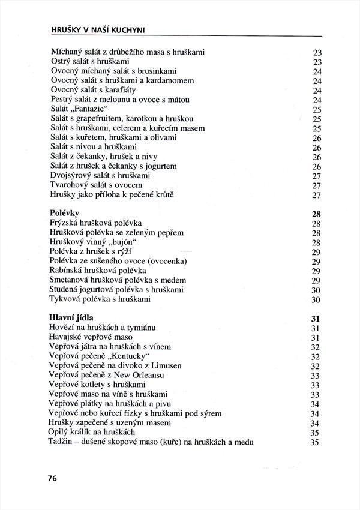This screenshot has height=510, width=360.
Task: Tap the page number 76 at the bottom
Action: (x=53, y=478)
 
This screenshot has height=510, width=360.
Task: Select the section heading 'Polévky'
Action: (x=65, y=213)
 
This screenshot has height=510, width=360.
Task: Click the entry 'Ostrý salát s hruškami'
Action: (x=91, y=61)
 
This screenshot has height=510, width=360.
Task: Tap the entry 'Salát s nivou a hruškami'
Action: (x=94, y=147)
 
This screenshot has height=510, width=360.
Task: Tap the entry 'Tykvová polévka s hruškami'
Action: (x=100, y=299)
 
